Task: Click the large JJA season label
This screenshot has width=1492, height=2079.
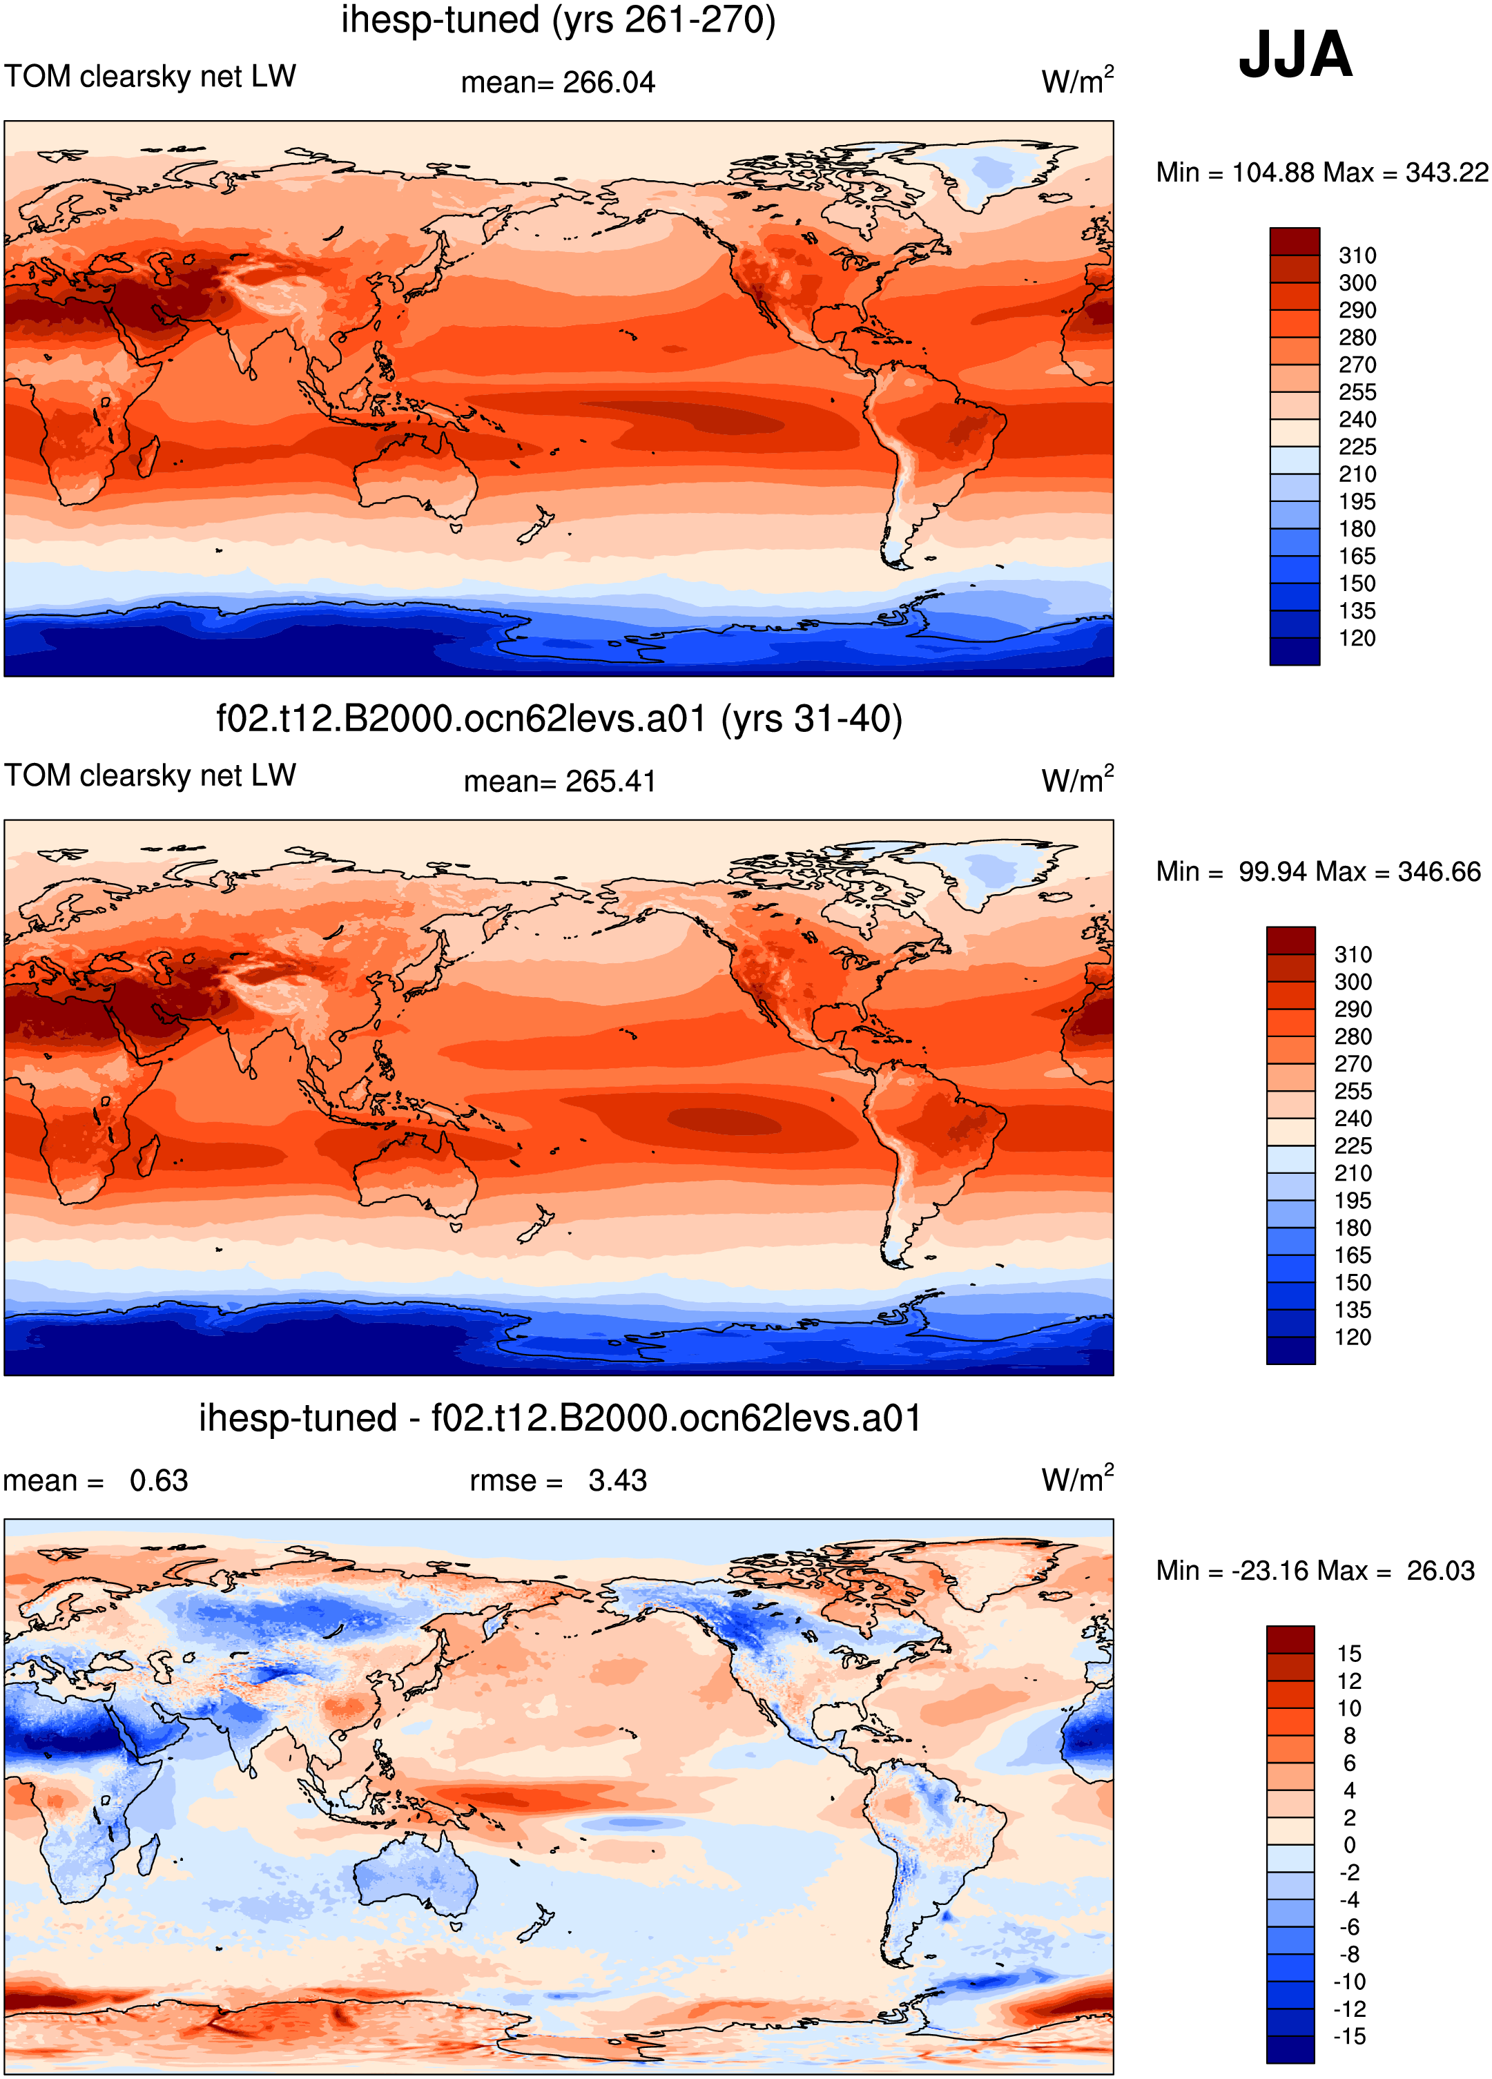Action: pos(1295,55)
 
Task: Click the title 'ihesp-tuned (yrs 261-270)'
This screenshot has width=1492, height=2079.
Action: pos(558,20)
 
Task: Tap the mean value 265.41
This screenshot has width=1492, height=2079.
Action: pos(610,782)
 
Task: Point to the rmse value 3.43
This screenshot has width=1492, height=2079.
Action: pos(618,1480)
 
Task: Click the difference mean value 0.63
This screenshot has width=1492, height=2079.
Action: pos(159,1480)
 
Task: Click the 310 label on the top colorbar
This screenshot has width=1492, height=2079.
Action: pos(1357,255)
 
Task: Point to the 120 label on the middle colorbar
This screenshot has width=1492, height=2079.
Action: pos(1353,1337)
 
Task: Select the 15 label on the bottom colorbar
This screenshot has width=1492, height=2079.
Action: pos(1349,1654)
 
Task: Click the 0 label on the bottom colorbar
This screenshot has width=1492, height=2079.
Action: pos(1349,1845)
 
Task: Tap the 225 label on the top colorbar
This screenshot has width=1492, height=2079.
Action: pos(1357,447)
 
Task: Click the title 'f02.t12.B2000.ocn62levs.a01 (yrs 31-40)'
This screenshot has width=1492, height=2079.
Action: pos(559,719)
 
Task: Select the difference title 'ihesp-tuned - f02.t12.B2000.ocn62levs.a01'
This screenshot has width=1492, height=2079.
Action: pos(560,1418)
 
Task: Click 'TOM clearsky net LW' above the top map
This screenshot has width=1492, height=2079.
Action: pos(151,76)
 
